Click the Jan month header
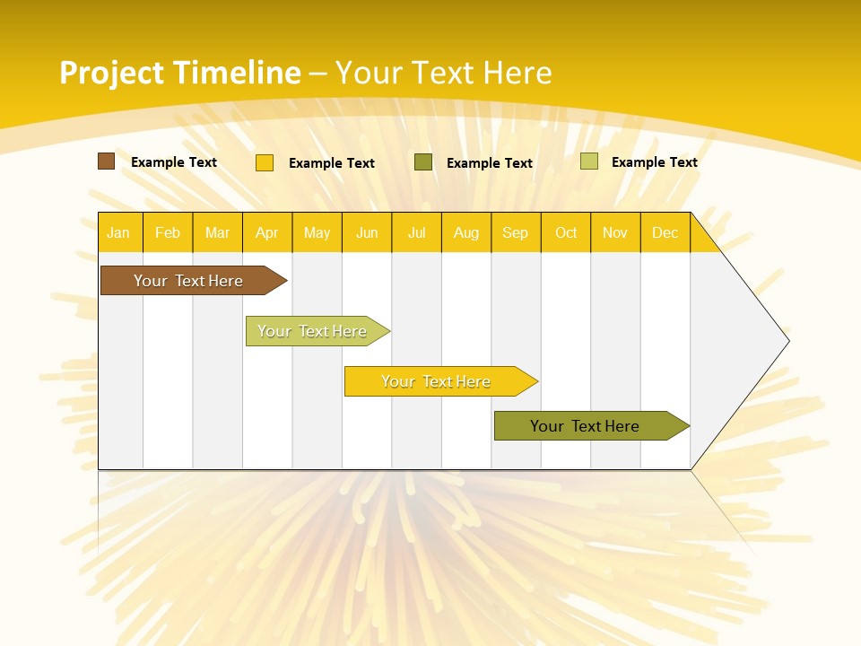pos(118,232)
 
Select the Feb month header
pos(168,232)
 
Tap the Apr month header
pos(266,232)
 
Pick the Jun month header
pos(367,232)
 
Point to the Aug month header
pos(465,232)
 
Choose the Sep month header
pos(515,232)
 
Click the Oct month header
pos(566,232)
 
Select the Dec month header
pos(665,232)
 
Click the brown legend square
pos(107,161)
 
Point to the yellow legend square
pos(265,162)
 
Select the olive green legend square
pos(423,162)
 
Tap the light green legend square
pos(588,161)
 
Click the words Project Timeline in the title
pos(179,73)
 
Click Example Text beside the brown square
pos(174,162)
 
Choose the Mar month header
pos(217,232)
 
